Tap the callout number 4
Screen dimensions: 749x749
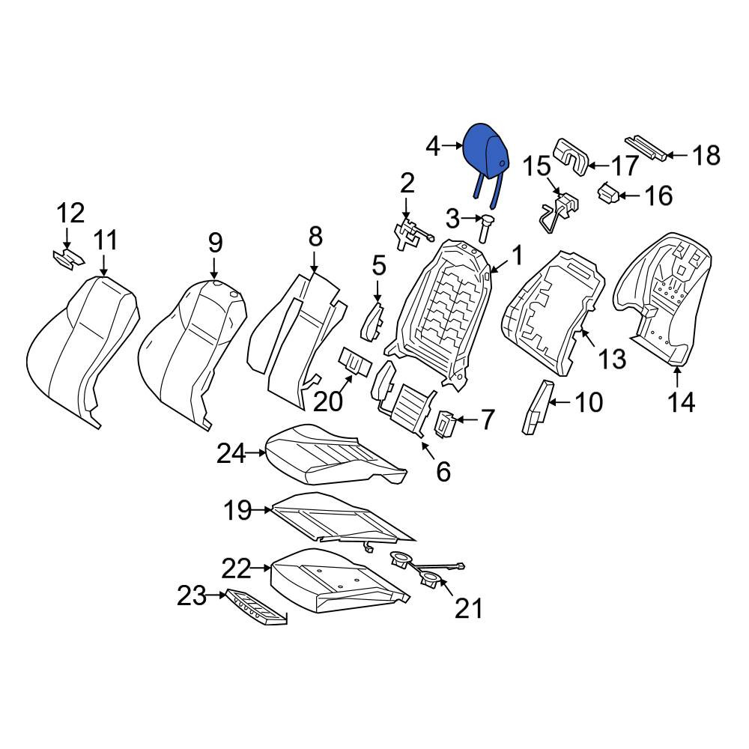(x=433, y=147)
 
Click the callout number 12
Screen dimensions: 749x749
(x=70, y=213)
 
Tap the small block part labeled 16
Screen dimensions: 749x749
(x=608, y=193)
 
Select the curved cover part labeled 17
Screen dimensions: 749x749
(x=571, y=157)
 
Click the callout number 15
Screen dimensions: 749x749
(x=537, y=167)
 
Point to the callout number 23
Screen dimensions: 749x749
(x=192, y=595)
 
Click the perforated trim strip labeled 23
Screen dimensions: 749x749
(x=256, y=607)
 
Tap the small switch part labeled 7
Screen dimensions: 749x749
(x=444, y=423)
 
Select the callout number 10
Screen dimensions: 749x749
(x=589, y=402)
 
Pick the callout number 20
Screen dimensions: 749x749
(x=328, y=401)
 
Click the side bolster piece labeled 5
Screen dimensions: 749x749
(x=372, y=321)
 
